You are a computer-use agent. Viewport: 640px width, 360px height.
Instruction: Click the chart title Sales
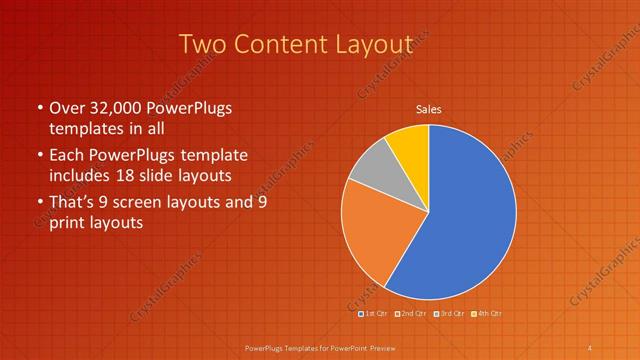(429, 109)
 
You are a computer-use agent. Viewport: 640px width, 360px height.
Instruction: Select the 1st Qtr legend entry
(374, 314)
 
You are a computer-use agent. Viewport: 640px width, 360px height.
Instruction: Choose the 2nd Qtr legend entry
(411, 314)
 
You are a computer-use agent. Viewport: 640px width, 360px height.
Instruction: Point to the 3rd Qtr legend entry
(449, 314)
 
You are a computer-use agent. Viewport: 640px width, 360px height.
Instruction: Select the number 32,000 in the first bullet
(117, 108)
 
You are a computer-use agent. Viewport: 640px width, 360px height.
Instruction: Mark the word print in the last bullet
(69, 223)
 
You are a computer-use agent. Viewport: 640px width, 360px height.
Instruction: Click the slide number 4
(590, 347)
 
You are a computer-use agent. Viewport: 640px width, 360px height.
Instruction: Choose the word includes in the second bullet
(80, 175)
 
